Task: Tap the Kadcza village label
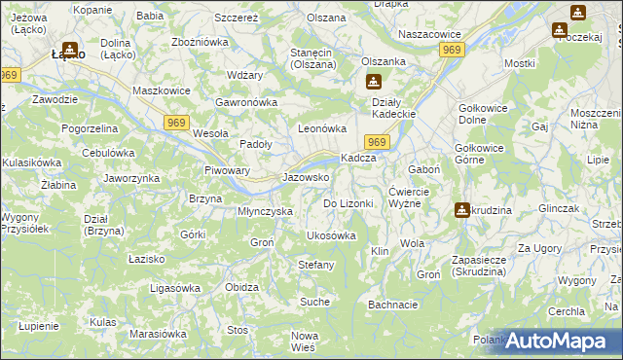357,158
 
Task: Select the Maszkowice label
160,91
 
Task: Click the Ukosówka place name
331,235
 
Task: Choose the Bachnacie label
393,305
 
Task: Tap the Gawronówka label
247,102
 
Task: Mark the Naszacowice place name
429,34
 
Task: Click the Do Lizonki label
348,203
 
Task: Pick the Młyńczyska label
266,211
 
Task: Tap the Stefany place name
315,265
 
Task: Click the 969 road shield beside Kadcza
379,143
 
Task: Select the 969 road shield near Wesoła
176,121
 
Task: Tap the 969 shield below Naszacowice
450,50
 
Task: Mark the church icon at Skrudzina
461,209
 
